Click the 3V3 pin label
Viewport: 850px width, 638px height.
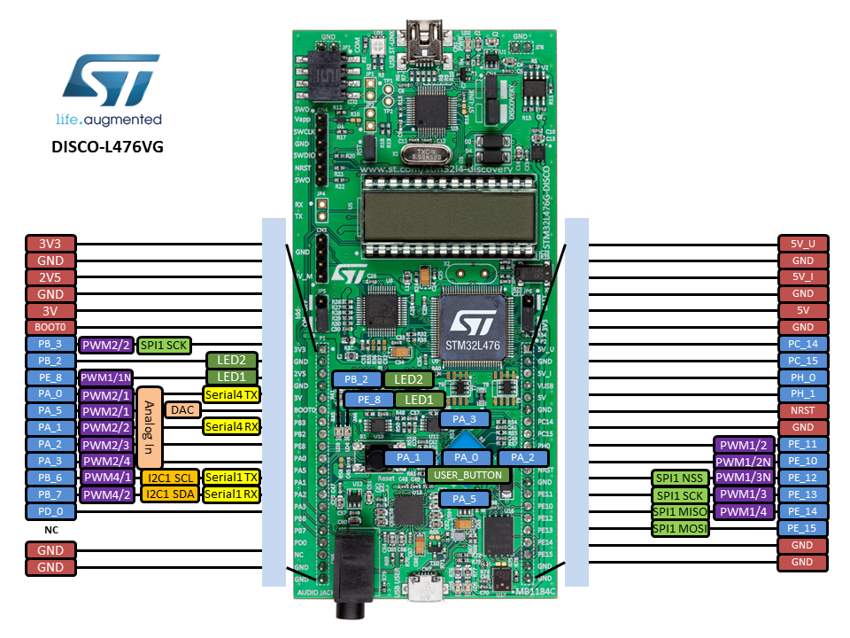[x=50, y=244]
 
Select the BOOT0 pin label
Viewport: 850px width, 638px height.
[x=50, y=327]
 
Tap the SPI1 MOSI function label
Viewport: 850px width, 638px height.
[x=679, y=529]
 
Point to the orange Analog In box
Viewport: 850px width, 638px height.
[x=150, y=428]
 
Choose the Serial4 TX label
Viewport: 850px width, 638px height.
[x=231, y=394]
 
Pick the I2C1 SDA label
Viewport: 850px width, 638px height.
[x=170, y=494]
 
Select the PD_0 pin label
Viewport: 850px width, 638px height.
[x=50, y=511]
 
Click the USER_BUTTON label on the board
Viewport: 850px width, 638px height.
[x=468, y=475]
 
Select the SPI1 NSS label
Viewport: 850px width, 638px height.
[x=679, y=478]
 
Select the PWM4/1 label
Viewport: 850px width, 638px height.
[x=106, y=478]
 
